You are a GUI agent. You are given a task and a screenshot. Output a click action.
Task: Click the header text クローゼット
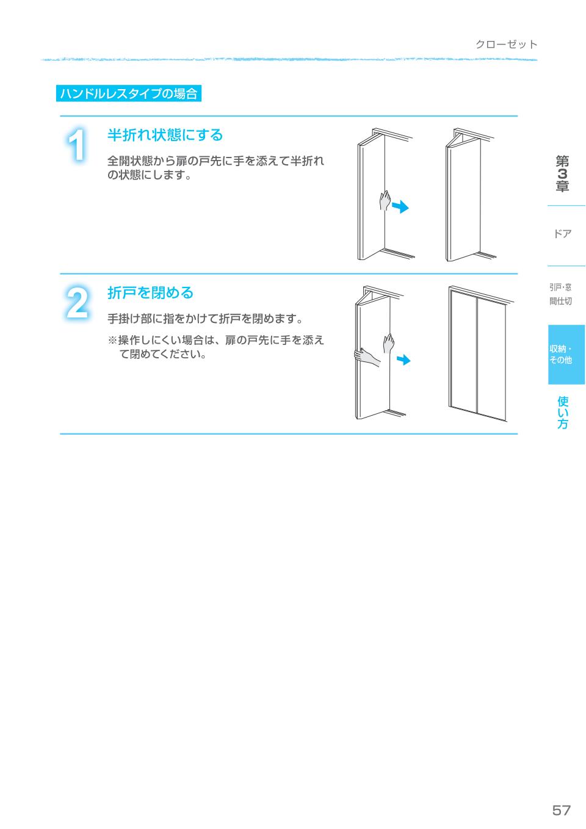pyautogui.click(x=506, y=44)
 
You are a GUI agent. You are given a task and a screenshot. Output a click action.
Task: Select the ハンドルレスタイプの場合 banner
pyautogui.click(x=129, y=93)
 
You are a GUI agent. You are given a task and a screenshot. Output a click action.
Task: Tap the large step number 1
pyautogui.click(x=77, y=146)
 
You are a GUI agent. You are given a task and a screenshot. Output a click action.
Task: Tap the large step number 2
pyautogui.click(x=77, y=303)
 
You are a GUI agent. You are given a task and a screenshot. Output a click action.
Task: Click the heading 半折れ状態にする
pyautogui.click(x=165, y=135)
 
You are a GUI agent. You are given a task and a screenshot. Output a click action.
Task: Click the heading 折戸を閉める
pyautogui.click(x=150, y=293)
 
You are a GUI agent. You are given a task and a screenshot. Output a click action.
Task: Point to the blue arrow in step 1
pyautogui.click(x=400, y=207)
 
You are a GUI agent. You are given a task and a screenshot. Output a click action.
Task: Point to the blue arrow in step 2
pyautogui.click(x=403, y=360)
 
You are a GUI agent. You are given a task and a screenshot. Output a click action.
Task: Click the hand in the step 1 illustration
pyautogui.click(x=385, y=200)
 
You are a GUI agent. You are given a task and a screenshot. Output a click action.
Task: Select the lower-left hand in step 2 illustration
pyautogui.click(x=366, y=357)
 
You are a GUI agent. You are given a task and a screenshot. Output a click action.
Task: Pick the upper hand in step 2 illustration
pyautogui.click(x=388, y=342)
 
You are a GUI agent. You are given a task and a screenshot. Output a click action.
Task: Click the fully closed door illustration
pyautogui.click(x=478, y=354)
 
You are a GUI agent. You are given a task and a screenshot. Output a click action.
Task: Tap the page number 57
pyautogui.click(x=561, y=810)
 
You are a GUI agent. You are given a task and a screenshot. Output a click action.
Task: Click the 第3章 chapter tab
pyautogui.click(x=562, y=175)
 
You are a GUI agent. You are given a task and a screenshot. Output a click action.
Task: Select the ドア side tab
pyautogui.click(x=562, y=234)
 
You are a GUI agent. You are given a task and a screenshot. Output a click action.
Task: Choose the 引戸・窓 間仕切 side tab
pyautogui.click(x=560, y=294)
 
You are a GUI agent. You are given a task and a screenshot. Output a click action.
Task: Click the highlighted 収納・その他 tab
pyautogui.click(x=562, y=355)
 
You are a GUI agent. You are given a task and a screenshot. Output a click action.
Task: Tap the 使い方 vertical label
pyautogui.click(x=563, y=413)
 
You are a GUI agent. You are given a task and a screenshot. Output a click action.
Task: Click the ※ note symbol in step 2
pyautogui.click(x=112, y=340)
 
